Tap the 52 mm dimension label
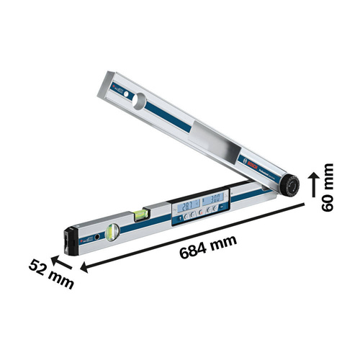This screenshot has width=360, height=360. tap(51, 274)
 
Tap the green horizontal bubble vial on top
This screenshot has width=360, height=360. tap(143, 211)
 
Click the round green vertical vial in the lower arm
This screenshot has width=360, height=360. tap(112, 232)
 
